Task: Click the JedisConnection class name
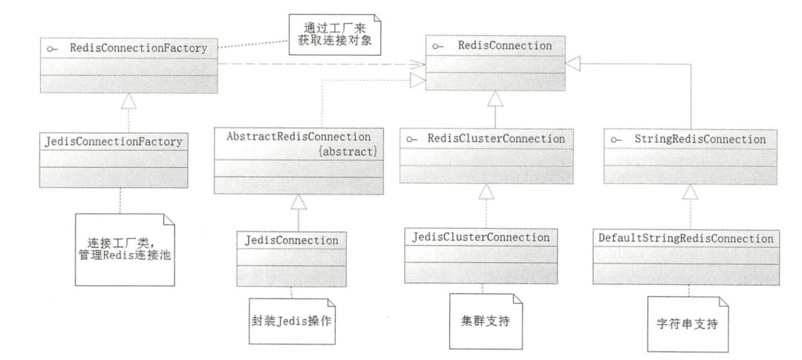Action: coord(291,240)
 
